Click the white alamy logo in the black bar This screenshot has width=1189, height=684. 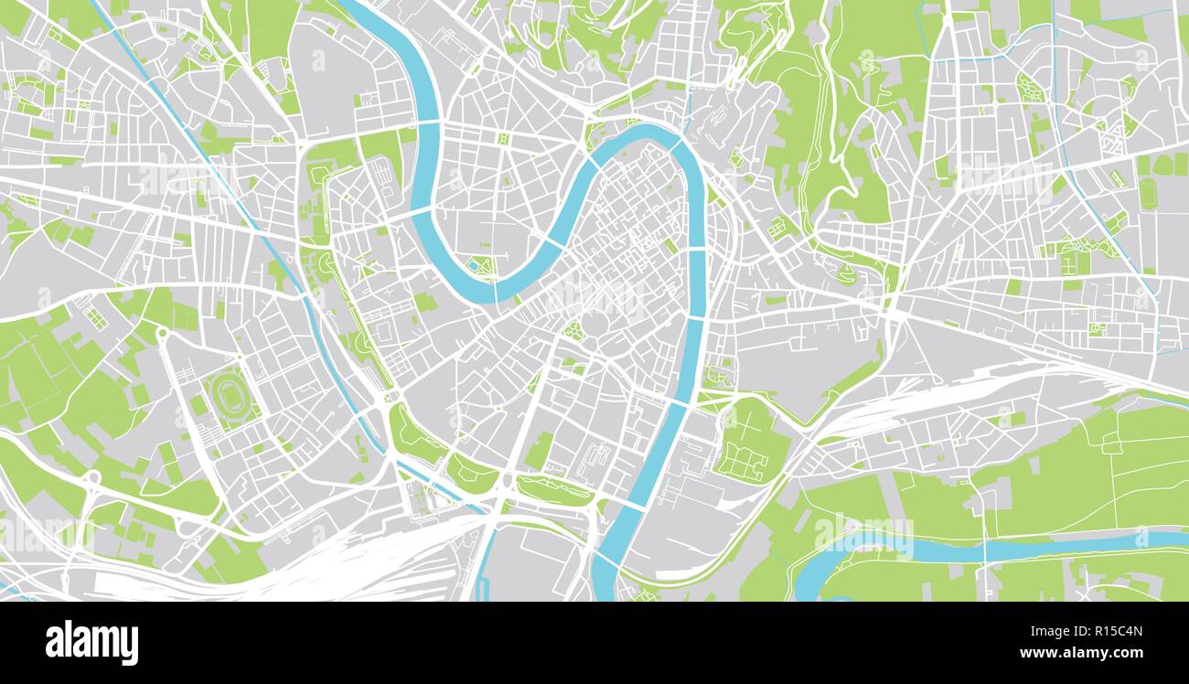tap(91, 642)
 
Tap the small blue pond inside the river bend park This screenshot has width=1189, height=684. tap(474, 265)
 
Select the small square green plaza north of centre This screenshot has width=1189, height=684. tap(502, 138)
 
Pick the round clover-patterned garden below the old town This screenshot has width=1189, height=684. tap(573, 331)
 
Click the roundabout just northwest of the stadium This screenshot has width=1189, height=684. tap(163, 332)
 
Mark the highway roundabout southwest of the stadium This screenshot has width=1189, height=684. tap(92, 477)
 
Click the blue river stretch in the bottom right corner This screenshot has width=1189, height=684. tap(1052, 547)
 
